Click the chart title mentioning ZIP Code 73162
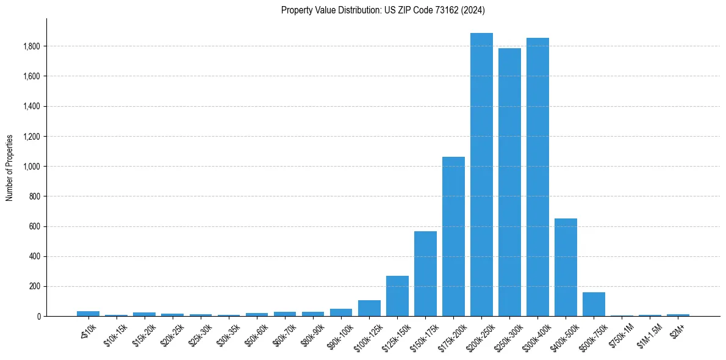tap(383, 10)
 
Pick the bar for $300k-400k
tap(537, 177)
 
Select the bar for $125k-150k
tap(397, 296)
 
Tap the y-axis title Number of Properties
tap(10, 167)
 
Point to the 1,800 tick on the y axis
tap(32, 46)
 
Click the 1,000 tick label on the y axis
tap(32, 167)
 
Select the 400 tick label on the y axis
tap(35, 256)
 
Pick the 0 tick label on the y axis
tap(38, 316)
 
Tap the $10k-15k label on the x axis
tap(113, 334)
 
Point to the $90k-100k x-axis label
tap(338, 335)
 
